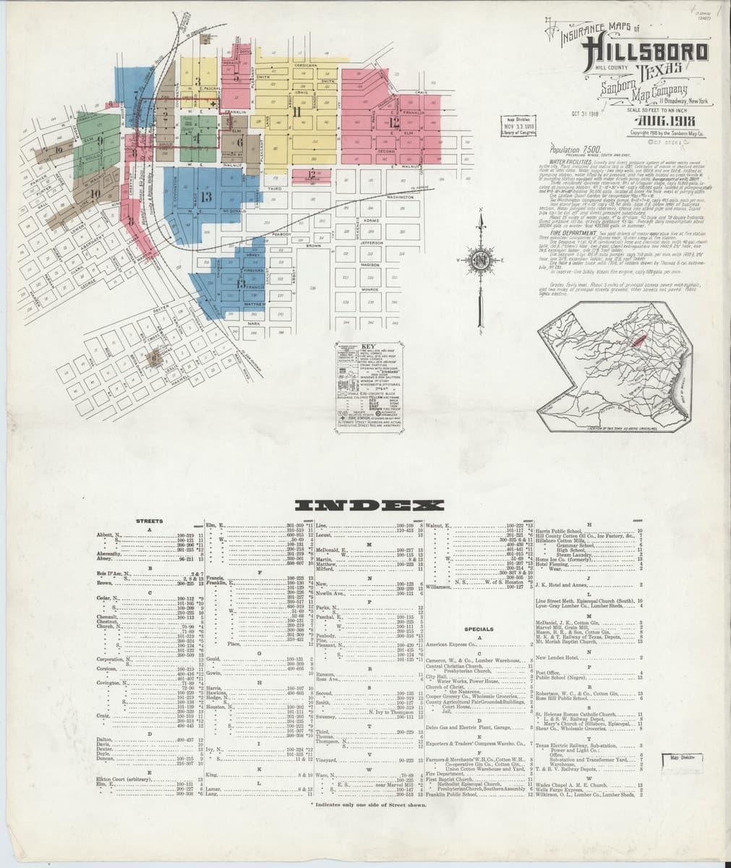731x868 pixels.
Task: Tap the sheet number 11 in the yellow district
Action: (296, 111)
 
